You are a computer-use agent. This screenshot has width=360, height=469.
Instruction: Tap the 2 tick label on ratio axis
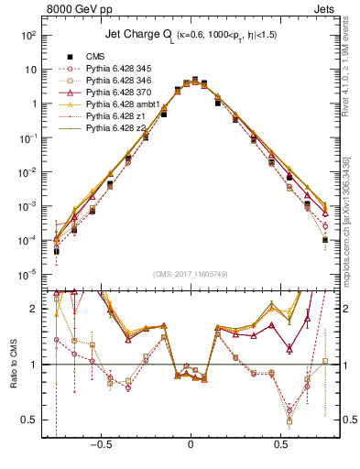[35, 309]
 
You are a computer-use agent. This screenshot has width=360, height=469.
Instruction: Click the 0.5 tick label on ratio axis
[31, 420]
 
